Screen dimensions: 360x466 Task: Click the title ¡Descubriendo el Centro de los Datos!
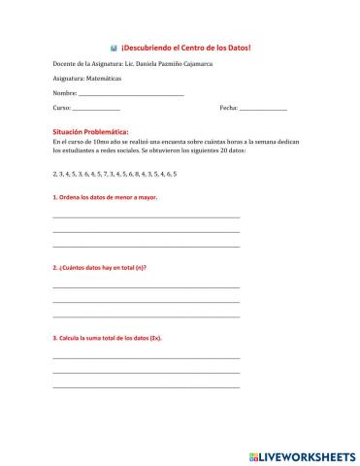[187, 48]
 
